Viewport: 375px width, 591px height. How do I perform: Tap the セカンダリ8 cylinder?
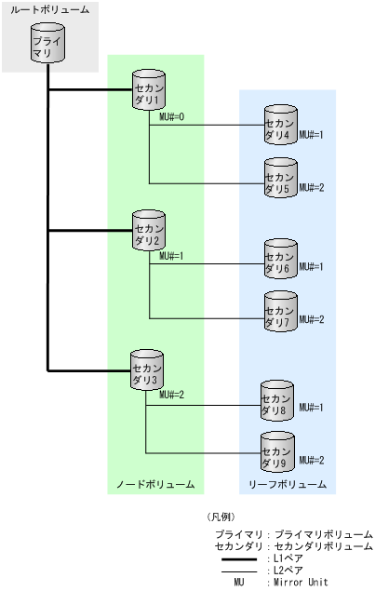pos(279,401)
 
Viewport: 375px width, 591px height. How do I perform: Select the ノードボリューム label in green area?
pos(155,485)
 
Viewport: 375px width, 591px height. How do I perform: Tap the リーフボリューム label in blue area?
pos(288,485)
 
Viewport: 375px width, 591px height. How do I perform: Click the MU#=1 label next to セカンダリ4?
pos(312,136)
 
